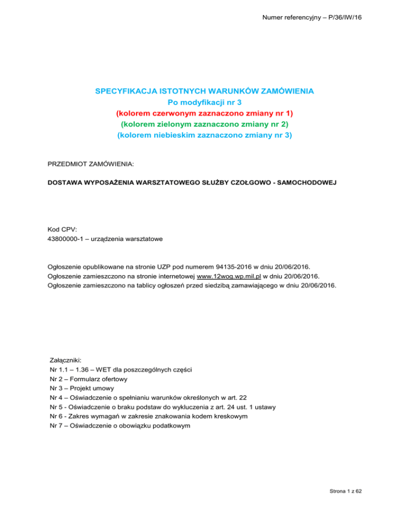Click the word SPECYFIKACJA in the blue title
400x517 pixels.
pos(124,91)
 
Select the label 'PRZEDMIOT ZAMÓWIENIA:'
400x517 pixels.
pos(90,164)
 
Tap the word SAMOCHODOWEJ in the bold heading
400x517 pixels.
pos(323,183)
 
